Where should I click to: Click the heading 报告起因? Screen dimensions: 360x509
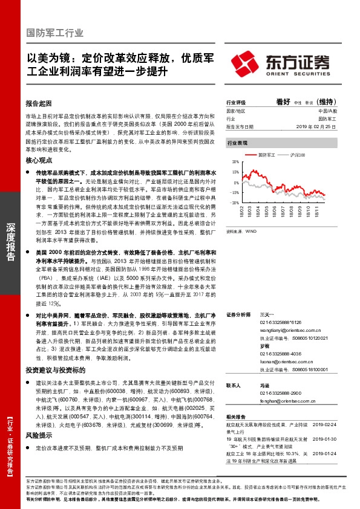40,103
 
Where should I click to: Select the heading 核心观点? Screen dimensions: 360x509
40,161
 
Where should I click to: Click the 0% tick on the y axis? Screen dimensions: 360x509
235,183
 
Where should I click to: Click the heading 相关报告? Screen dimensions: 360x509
237,417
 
